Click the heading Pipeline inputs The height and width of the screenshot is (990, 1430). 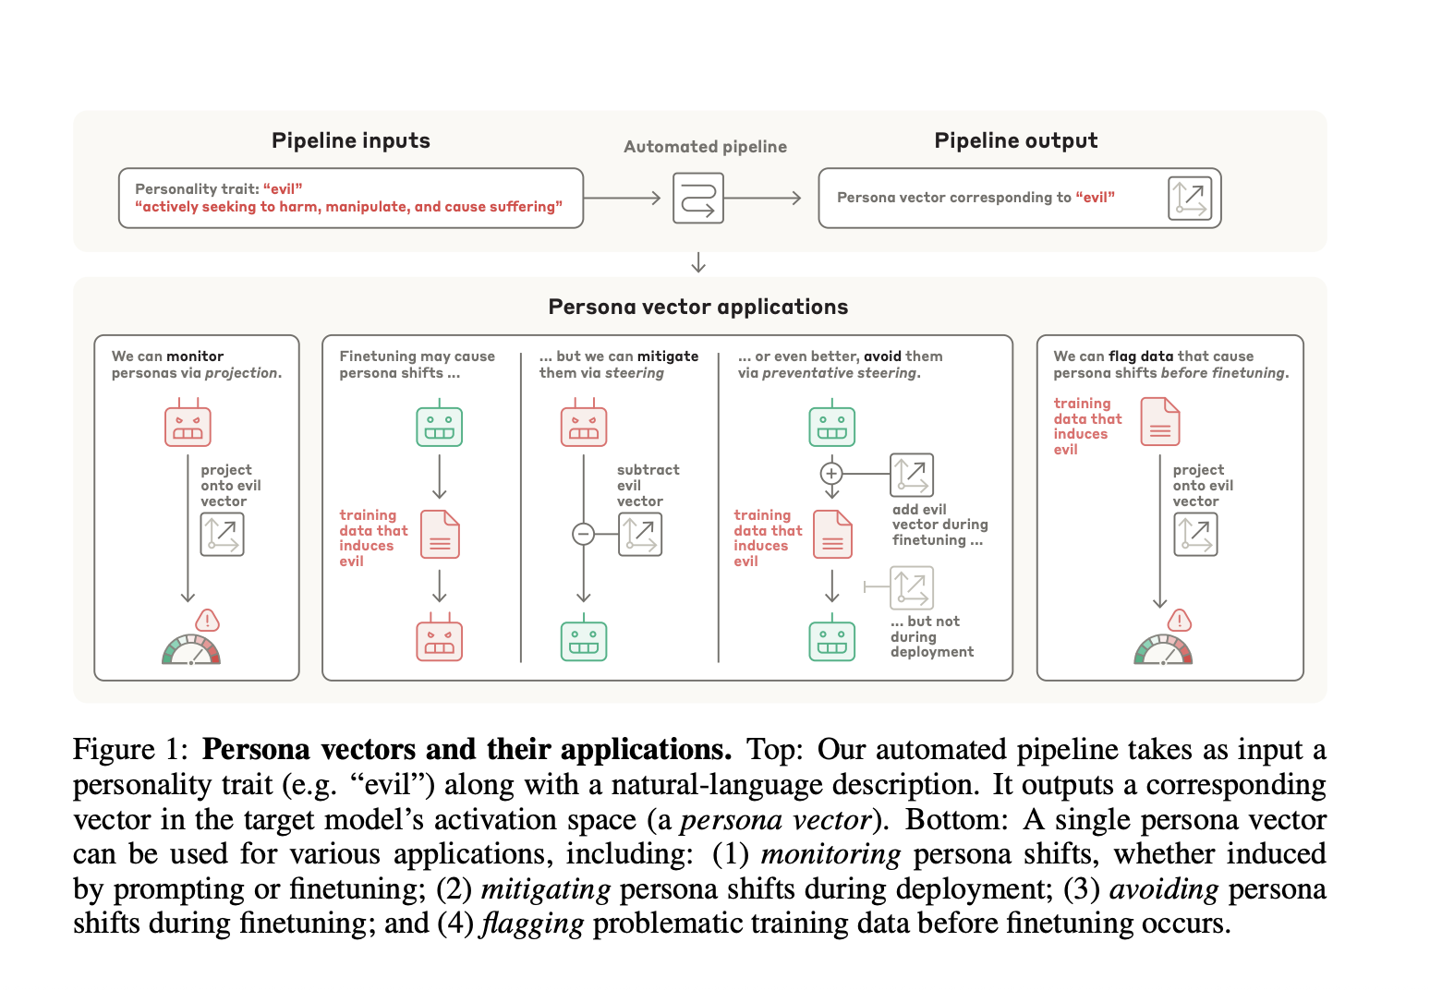pyautogui.click(x=351, y=140)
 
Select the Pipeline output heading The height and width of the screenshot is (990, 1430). pyautogui.click(x=1015, y=140)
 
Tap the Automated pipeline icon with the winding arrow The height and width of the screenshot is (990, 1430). pyautogui.click(x=697, y=198)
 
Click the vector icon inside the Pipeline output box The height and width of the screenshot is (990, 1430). pyautogui.click(x=1189, y=198)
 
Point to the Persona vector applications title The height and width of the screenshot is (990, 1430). pyautogui.click(x=697, y=307)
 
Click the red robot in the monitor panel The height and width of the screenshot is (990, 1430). pyautogui.click(x=188, y=425)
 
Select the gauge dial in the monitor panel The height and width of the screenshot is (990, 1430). pyautogui.click(x=191, y=650)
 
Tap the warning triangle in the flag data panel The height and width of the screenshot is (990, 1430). pyautogui.click(x=1179, y=620)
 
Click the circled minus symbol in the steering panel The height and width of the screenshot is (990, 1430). pyautogui.click(x=583, y=534)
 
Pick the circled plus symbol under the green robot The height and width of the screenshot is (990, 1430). pyautogui.click(x=831, y=474)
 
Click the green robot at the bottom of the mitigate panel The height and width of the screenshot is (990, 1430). pyautogui.click(x=584, y=640)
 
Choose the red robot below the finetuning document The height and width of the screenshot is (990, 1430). pyautogui.click(x=439, y=640)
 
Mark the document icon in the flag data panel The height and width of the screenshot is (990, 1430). pyautogui.click(x=1160, y=421)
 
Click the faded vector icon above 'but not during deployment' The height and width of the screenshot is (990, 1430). pyautogui.click(x=911, y=587)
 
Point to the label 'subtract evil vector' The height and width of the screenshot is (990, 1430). pyautogui.click(x=648, y=486)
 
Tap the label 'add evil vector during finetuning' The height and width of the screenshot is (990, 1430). pyautogui.click(x=939, y=525)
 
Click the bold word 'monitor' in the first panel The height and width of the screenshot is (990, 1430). pyautogui.click(x=195, y=356)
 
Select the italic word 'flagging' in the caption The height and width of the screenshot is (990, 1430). pyautogui.click(x=533, y=923)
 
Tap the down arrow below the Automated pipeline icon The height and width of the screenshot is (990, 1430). pyautogui.click(x=698, y=262)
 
